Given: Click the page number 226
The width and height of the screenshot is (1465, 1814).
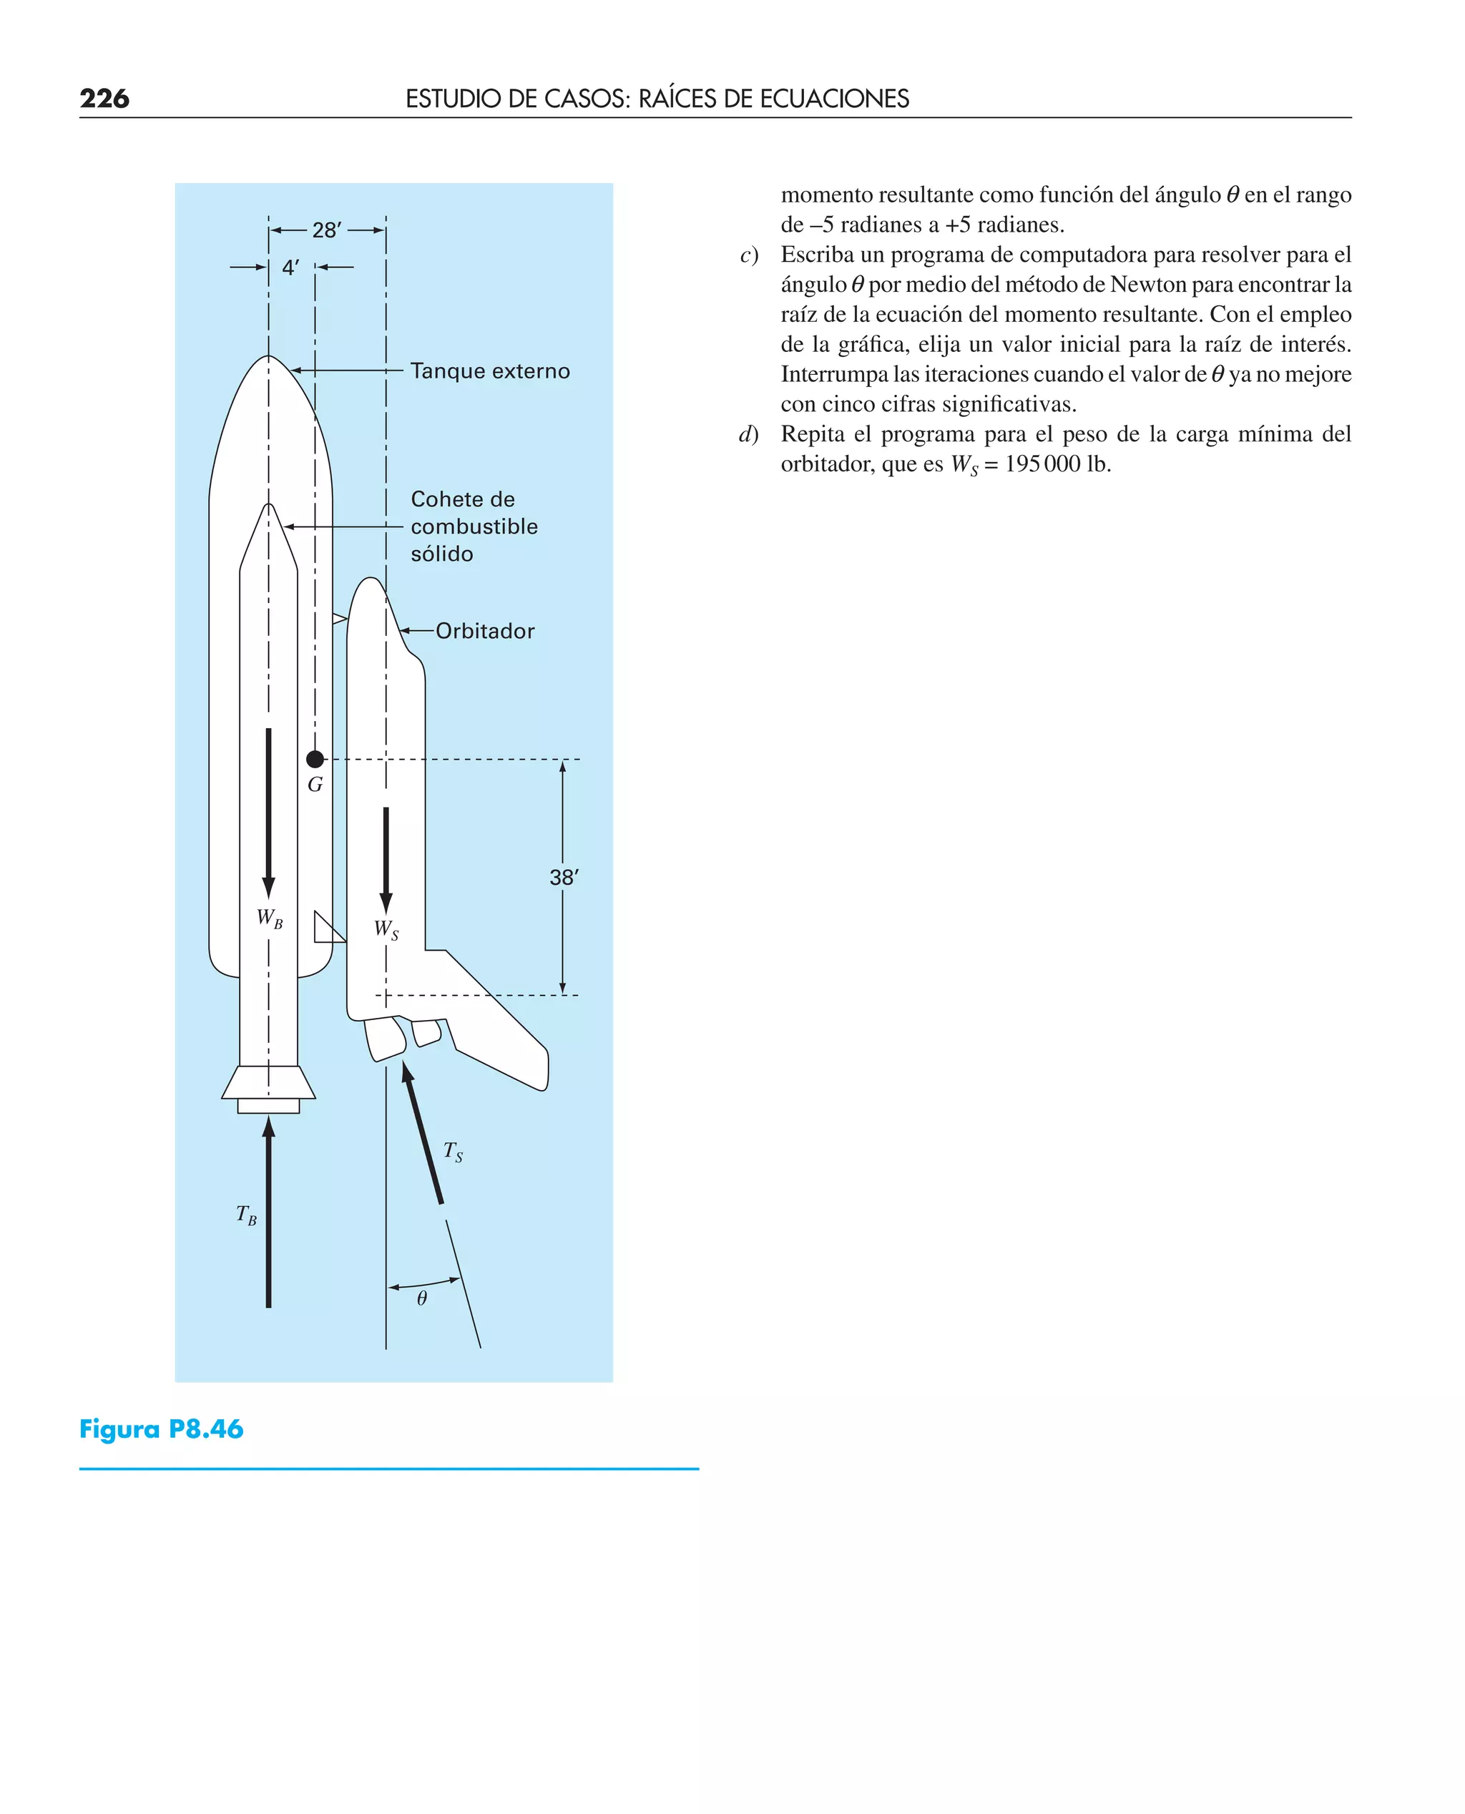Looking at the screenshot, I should pos(104,99).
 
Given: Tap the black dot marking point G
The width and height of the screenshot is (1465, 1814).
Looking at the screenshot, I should pos(315,760).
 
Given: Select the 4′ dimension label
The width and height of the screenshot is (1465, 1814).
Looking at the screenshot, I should pos(290,268).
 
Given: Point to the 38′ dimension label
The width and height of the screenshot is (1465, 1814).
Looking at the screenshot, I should pos(564,878).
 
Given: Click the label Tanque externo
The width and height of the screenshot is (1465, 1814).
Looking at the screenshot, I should pos(489,371).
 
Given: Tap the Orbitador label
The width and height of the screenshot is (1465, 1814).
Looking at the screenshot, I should pos(485,631).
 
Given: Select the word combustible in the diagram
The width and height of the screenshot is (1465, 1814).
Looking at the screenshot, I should pos(474,526).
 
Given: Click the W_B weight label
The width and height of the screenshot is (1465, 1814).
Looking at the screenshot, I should pos(269,919).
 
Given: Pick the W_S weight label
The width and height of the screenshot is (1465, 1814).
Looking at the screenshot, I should pos(386,930).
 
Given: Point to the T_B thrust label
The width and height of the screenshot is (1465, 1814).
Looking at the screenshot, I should pos(246,1215).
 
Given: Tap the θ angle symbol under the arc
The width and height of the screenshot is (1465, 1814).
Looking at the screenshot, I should pos(422,1298).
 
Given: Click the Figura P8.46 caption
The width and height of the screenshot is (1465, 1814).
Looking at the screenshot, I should pos(161,1429).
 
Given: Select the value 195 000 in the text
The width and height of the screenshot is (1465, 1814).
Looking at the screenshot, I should pos(1042,464).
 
